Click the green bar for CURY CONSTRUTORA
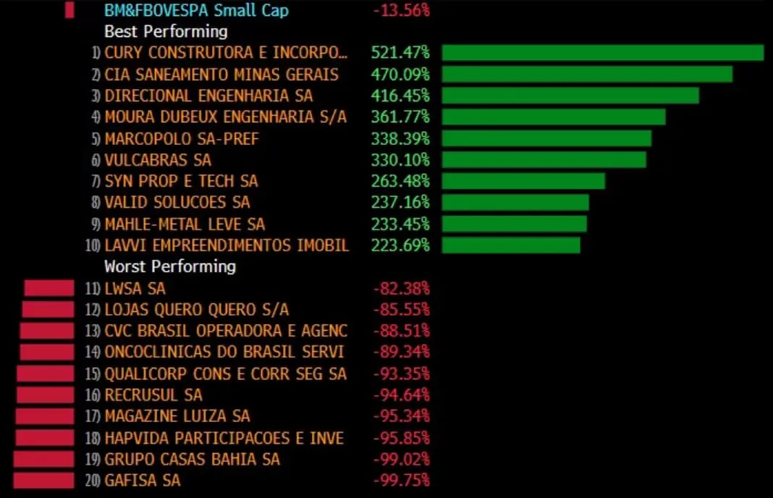click(602, 53)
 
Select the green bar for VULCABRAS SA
click(544, 159)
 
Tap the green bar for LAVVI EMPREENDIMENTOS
click(511, 245)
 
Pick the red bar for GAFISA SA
click(43, 480)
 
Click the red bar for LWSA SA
click(49, 288)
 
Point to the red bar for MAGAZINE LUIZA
click(45, 416)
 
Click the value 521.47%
click(400, 53)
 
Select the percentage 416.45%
click(400, 96)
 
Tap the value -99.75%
click(402, 480)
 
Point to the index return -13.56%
click(402, 11)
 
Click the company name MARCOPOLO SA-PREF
click(182, 138)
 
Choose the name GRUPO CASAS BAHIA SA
click(192, 459)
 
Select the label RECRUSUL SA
click(153, 395)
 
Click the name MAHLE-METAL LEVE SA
click(185, 224)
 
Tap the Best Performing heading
click(166, 32)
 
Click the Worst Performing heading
click(170, 266)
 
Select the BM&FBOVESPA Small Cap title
click(196, 11)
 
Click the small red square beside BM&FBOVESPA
click(69, 11)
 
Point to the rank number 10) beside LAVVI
click(93, 245)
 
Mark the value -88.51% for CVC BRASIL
click(402, 331)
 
